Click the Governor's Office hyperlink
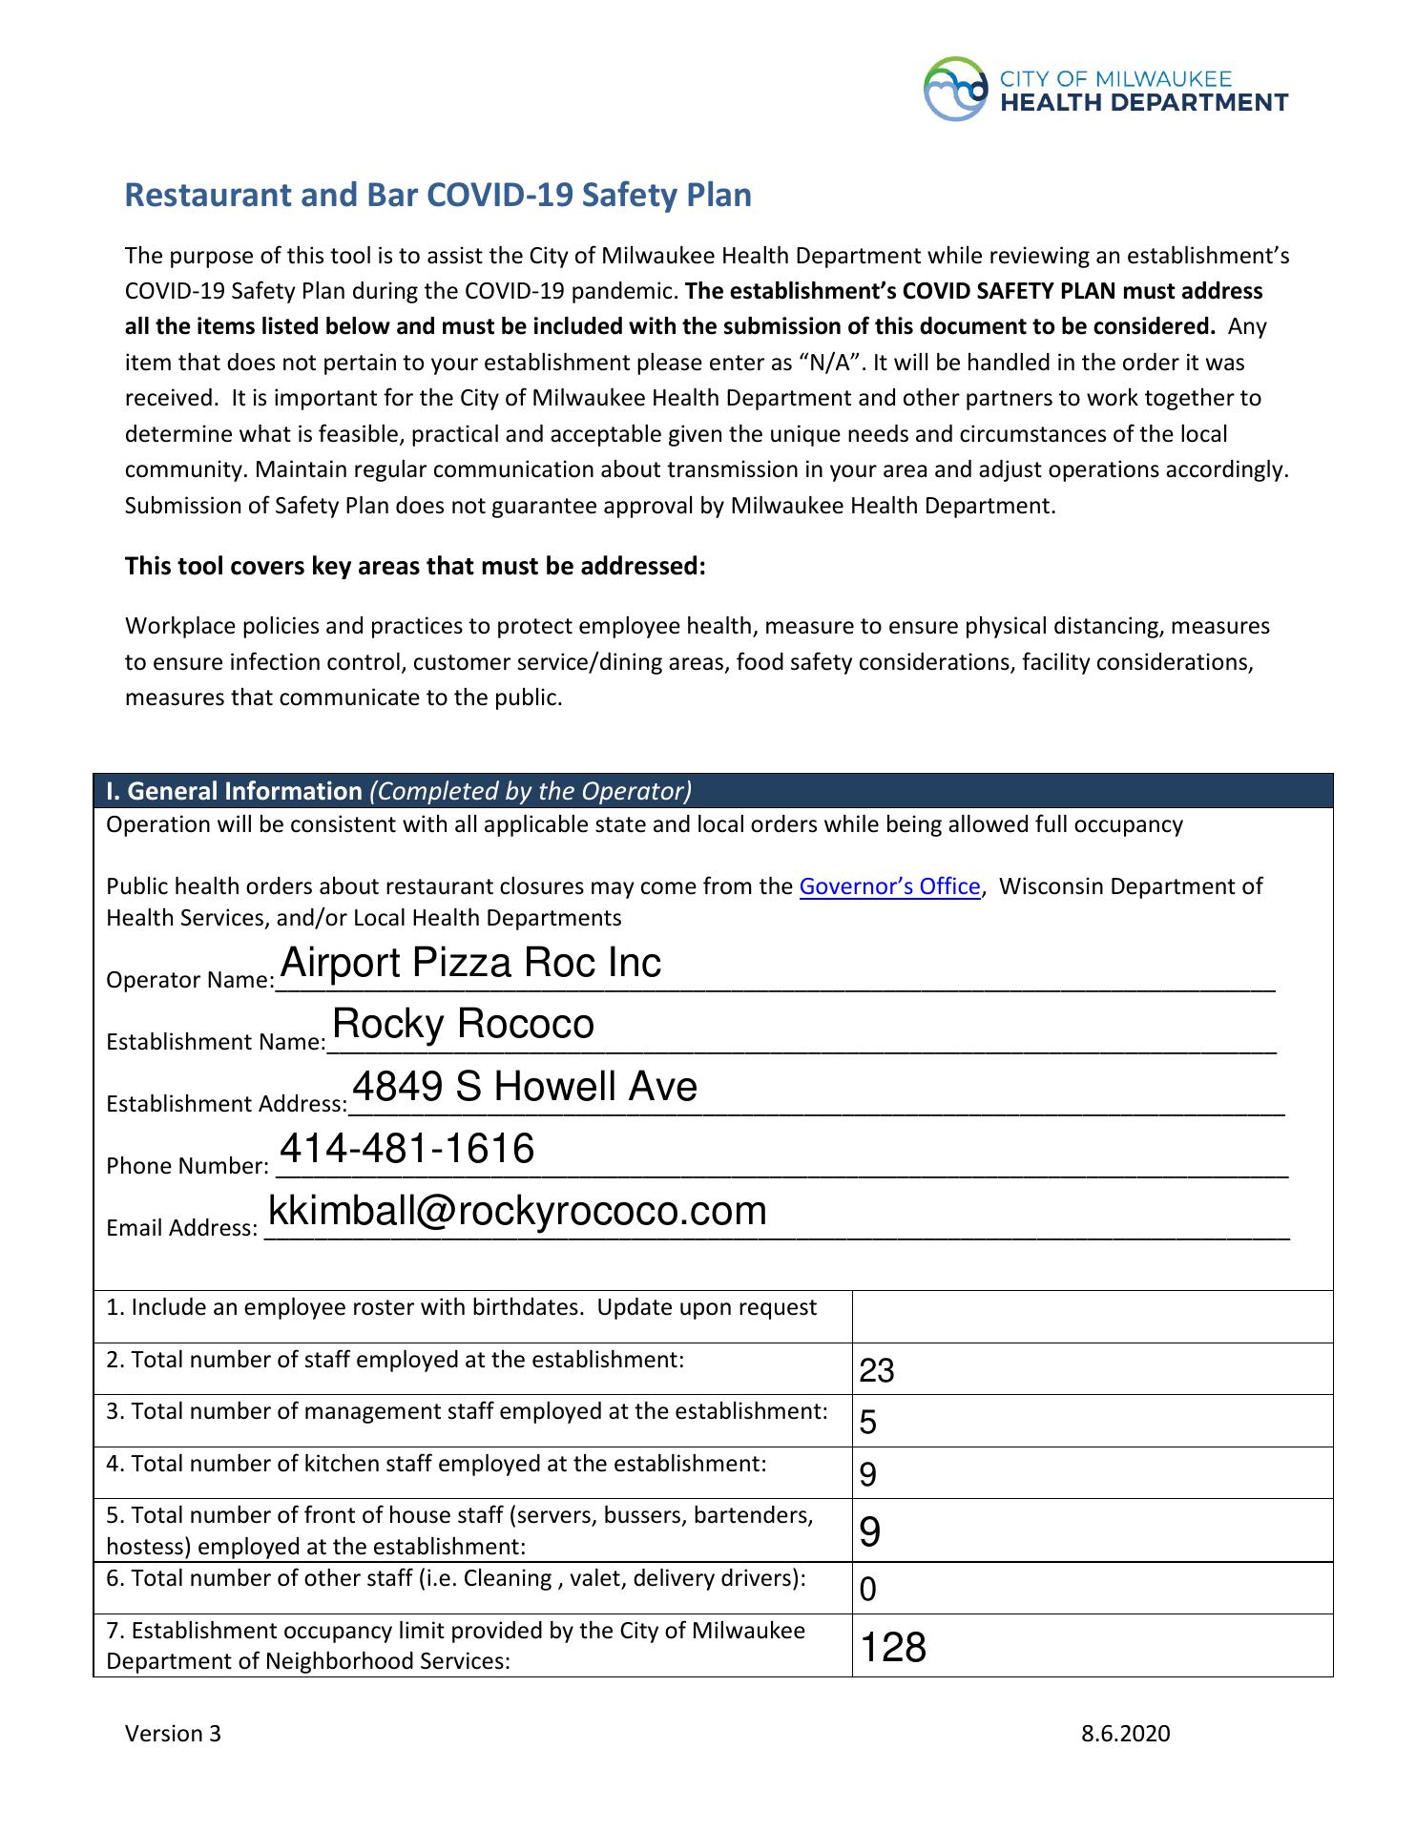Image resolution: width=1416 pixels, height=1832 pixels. point(889,886)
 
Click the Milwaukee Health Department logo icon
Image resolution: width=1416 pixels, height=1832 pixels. point(955,89)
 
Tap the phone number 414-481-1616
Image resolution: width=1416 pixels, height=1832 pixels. point(406,1149)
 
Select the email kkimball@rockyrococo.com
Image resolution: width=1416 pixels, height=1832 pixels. point(517,1211)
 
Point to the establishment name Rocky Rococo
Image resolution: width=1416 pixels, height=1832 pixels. point(463,1025)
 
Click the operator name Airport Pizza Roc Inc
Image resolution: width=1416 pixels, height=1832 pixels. point(470,963)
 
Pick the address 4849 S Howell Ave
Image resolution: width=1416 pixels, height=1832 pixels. point(525,1087)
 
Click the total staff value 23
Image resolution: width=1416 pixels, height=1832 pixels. point(876,1371)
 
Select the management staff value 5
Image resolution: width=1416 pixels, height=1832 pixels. point(867,1424)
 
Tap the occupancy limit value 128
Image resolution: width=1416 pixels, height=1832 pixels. point(893,1648)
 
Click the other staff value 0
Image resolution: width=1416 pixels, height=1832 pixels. point(867,1590)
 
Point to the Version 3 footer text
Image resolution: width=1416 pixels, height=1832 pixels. point(173,1734)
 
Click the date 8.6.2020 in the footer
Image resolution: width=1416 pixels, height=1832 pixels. point(1125,1734)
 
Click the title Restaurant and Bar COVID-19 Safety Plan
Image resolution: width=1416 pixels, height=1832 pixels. point(438,195)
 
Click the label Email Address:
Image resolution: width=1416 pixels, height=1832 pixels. point(181,1228)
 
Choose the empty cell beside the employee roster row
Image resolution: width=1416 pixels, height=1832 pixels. point(1092,1317)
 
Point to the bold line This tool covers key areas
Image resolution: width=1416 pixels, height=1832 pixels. point(415,567)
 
